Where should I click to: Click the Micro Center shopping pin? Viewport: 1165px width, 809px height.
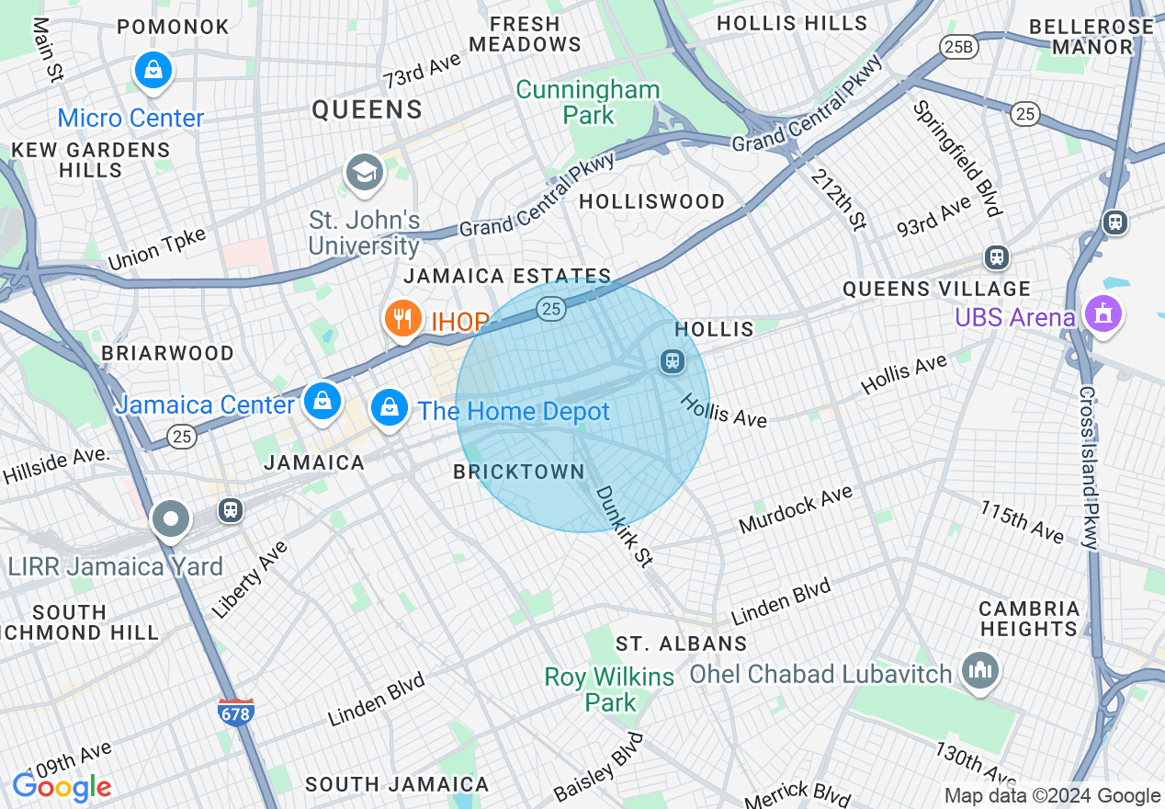(153, 70)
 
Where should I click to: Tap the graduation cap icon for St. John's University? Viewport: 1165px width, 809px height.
(364, 172)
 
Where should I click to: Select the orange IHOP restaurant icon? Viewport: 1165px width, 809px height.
(402, 319)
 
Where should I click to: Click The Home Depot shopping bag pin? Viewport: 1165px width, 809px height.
(390, 406)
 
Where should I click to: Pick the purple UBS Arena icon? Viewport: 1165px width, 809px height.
(1102, 313)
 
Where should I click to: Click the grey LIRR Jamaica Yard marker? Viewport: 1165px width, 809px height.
(171, 519)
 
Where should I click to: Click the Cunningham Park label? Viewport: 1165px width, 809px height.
(588, 102)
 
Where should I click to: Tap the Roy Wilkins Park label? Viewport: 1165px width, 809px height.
(610, 689)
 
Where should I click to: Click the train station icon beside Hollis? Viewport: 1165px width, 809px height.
(673, 360)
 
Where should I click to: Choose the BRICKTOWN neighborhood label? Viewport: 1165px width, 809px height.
(519, 472)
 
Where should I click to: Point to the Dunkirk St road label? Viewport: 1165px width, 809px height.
(624, 527)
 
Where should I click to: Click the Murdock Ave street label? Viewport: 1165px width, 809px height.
(796, 512)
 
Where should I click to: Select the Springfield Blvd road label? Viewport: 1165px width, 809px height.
(956, 158)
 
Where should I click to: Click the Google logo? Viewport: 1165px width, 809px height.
(62, 787)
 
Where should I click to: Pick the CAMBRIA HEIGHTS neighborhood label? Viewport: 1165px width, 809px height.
(1029, 619)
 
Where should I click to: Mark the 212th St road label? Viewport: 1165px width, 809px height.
(839, 196)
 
